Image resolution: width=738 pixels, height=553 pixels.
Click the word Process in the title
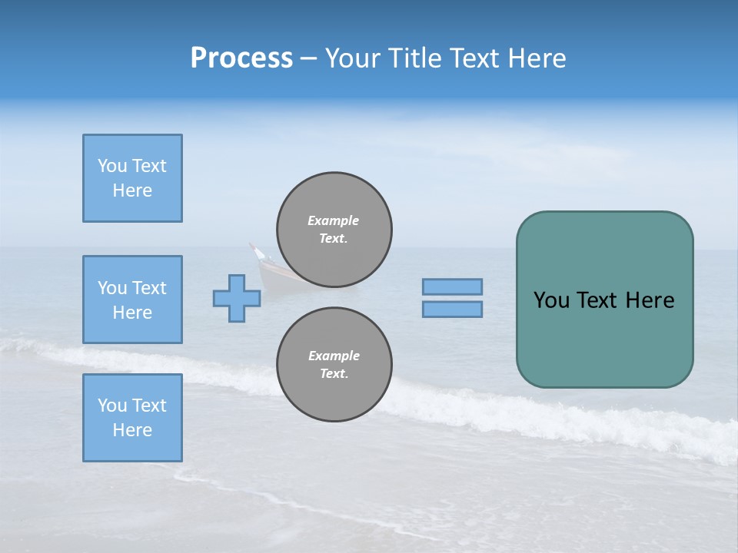point(241,58)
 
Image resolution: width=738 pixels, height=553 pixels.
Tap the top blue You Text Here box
point(132,178)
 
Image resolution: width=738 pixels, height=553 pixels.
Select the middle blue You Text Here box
point(132,300)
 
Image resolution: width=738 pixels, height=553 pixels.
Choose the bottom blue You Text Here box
point(132,418)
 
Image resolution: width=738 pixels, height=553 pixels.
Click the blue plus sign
point(237,298)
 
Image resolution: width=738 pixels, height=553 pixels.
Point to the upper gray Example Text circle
point(334,229)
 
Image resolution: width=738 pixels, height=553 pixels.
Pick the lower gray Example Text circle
point(334,364)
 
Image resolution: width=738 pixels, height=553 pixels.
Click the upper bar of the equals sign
point(452,286)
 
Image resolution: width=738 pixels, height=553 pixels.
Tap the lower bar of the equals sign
point(452,309)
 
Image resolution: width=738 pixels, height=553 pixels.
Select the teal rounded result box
point(604,338)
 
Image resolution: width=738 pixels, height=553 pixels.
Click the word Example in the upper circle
point(334,220)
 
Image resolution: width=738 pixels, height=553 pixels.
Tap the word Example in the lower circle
point(334,356)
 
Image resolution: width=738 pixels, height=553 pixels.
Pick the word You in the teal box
point(551,300)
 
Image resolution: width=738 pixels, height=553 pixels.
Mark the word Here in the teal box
point(650,300)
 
